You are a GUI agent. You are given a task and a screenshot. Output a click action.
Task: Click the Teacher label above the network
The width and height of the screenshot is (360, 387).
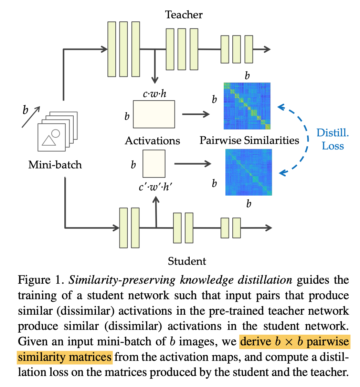(x=184, y=15)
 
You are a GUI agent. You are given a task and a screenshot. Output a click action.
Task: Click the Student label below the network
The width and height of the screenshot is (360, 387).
(x=187, y=261)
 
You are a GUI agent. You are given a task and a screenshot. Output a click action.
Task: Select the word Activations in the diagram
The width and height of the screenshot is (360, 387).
(x=152, y=140)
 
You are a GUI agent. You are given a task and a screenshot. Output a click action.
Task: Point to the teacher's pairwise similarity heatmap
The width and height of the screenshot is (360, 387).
(x=247, y=106)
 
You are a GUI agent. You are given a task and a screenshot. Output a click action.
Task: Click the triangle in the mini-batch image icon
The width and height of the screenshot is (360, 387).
(x=49, y=140)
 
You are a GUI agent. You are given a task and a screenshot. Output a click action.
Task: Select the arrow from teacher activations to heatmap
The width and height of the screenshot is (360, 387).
(x=196, y=114)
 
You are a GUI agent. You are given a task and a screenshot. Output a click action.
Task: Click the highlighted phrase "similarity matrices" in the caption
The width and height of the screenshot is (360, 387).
(x=65, y=357)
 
